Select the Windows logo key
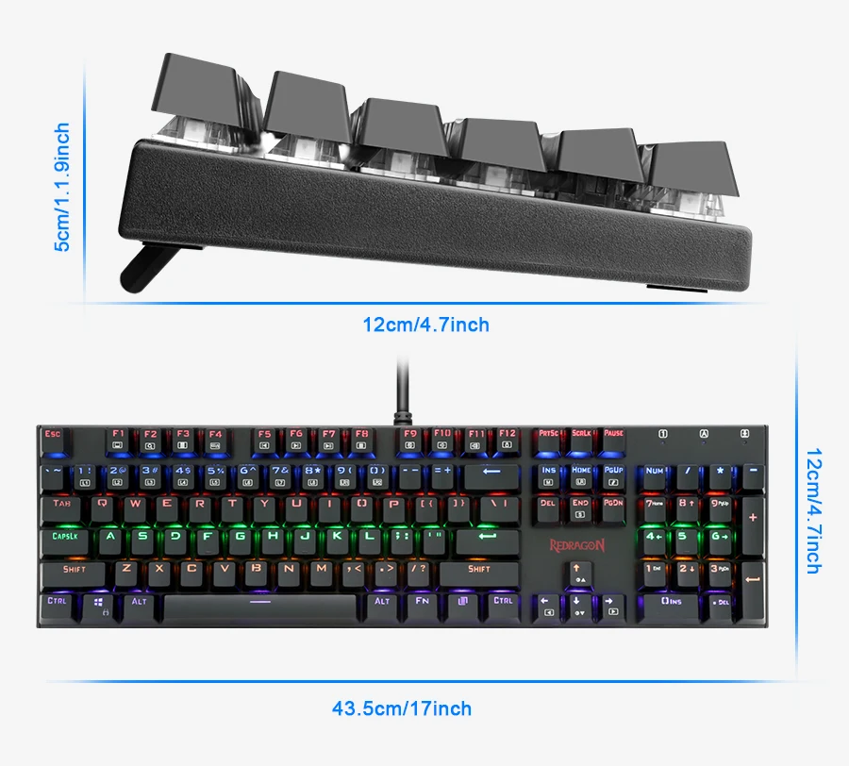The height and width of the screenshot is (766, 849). coord(99,605)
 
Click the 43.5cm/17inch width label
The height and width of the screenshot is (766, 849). coord(401,708)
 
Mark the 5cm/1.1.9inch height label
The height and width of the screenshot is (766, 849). coord(61,187)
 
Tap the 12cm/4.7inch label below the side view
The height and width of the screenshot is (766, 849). coord(426,325)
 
